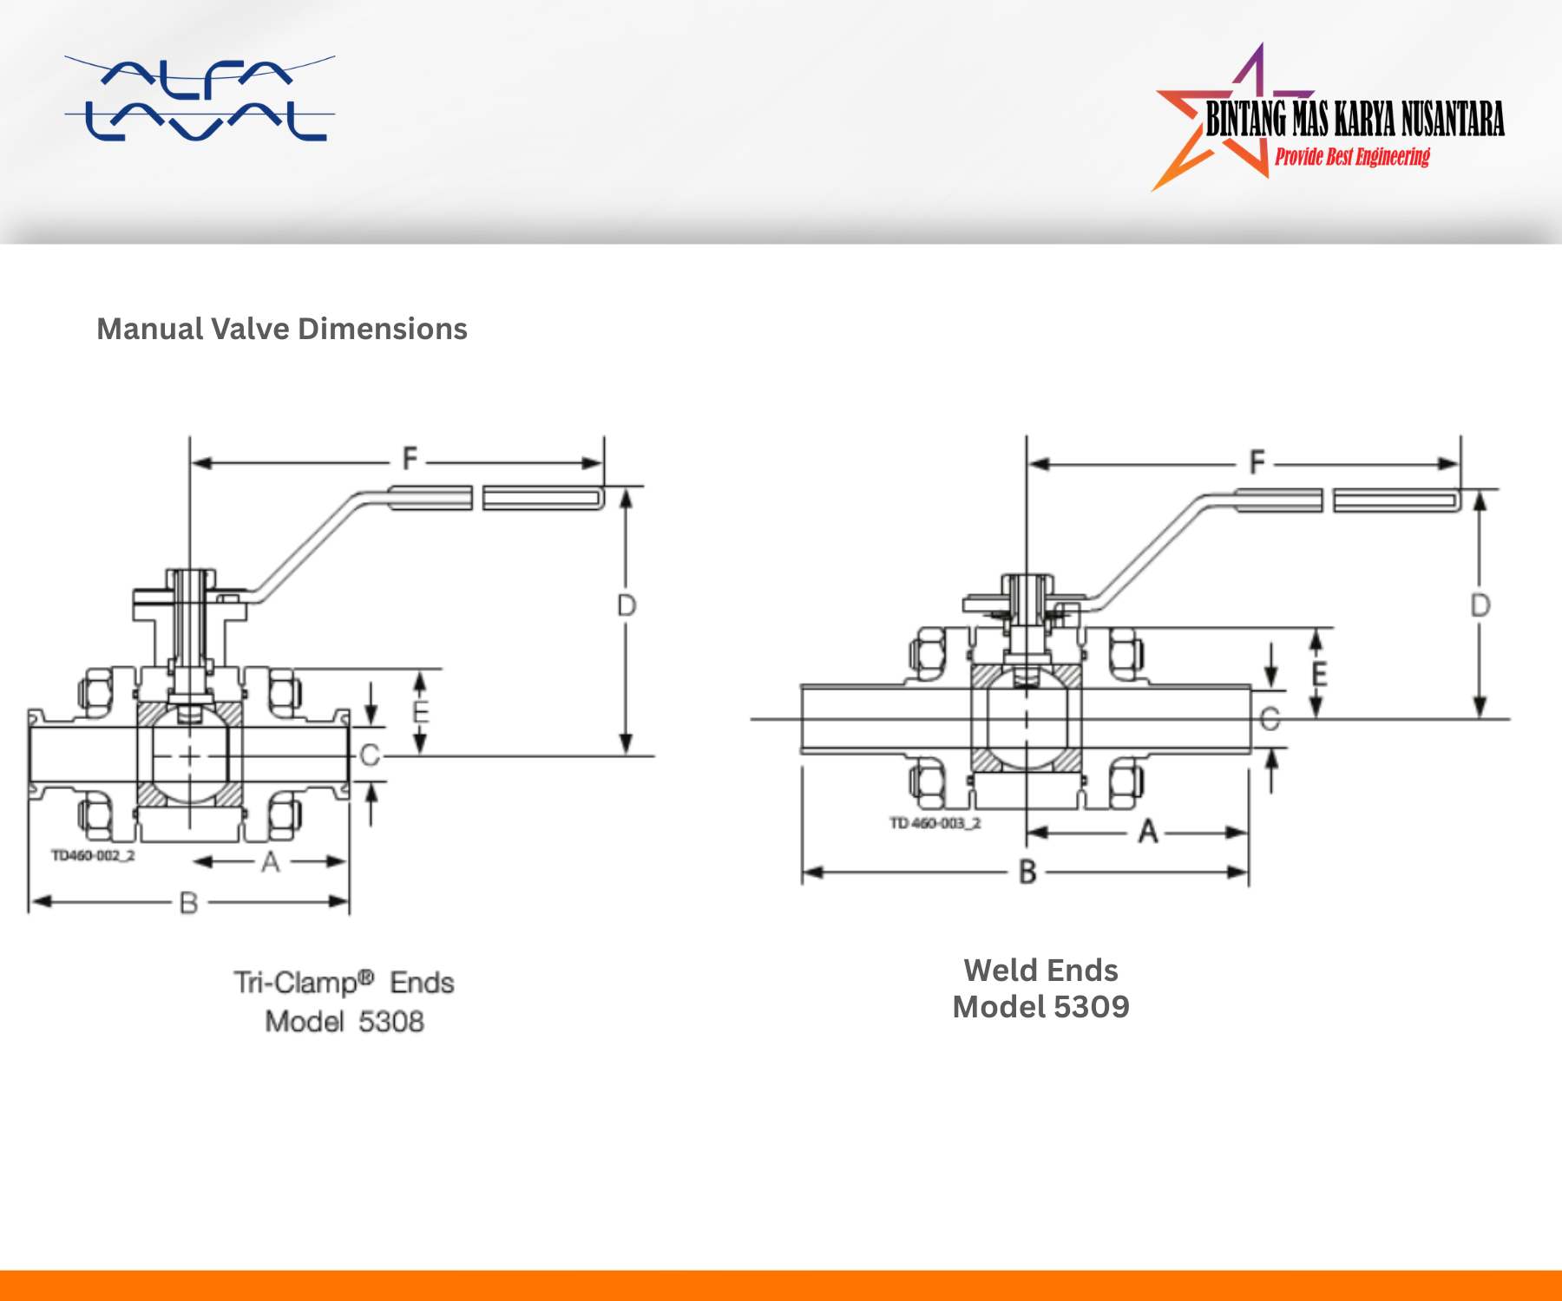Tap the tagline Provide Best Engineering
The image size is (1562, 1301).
pyautogui.click(x=1352, y=157)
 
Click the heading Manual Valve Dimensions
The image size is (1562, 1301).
pyautogui.click(x=282, y=329)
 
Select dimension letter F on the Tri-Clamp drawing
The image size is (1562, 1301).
pyautogui.click(x=410, y=458)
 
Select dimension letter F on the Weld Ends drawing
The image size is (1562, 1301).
pyautogui.click(x=1257, y=461)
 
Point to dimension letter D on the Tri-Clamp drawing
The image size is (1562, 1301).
pyautogui.click(x=626, y=605)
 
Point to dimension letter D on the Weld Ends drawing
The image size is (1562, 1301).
pyautogui.click(x=1480, y=605)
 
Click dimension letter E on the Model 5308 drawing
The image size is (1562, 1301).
pyautogui.click(x=421, y=713)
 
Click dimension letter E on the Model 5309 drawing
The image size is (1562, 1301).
pyautogui.click(x=1319, y=674)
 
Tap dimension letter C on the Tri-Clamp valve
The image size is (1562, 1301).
pyautogui.click(x=370, y=755)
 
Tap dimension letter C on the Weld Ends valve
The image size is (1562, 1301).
pyautogui.click(x=1270, y=719)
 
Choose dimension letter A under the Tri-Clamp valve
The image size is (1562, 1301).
pyautogui.click(x=271, y=862)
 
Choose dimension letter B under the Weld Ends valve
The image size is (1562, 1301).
pyautogui.click(x=1027, y=872)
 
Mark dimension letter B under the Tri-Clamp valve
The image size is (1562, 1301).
pyautogui.click(x=188, y=904)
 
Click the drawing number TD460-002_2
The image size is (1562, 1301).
pyautogui.click(x=93, y=856)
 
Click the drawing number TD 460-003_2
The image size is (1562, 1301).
pyautogui.click(x=935, y=823)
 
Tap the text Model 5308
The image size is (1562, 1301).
pyautogui.click(x=345, y=1022)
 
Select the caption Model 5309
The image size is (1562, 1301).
pyautogui.click(x=1040, y=1007)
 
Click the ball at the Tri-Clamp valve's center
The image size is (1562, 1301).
pyautogui.click(x=190, y=757)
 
